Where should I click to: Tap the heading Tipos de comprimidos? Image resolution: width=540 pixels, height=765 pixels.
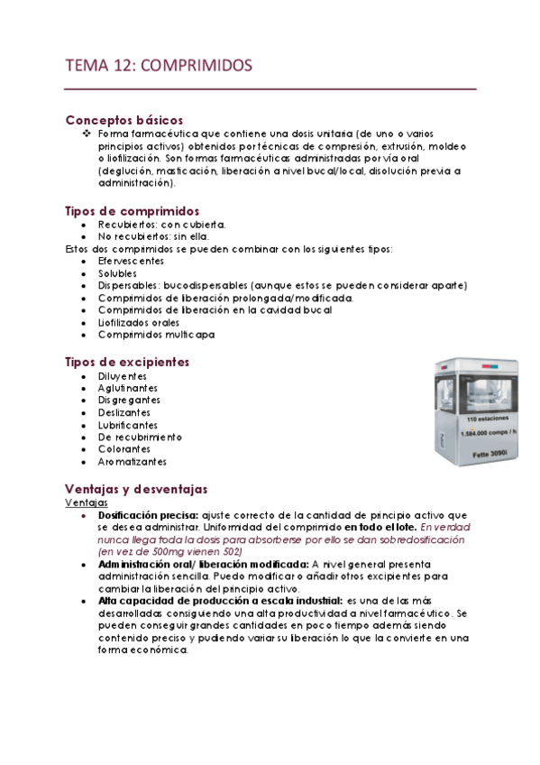pos(133,210)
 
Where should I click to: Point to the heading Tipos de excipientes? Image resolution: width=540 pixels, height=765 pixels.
pos(127,362)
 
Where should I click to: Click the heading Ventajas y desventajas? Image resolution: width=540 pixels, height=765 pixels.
pos(136,488)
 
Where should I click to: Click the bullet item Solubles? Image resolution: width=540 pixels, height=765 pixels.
pos(118,272)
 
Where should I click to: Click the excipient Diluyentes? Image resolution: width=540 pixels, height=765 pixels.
pos(123,375)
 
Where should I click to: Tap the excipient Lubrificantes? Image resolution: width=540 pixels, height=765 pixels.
pos(128,425)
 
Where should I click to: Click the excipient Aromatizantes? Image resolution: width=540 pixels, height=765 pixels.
pos(133,462)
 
